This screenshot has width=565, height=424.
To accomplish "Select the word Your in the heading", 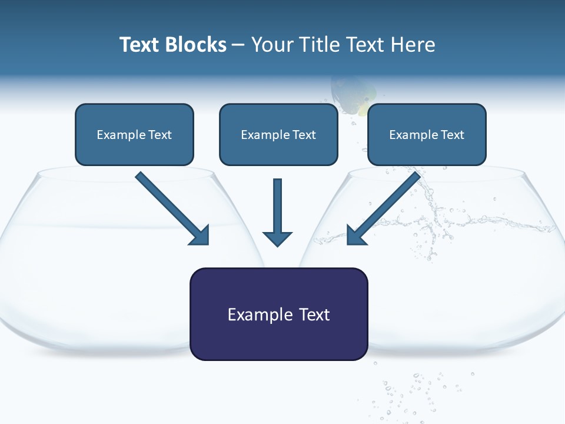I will [x=272, y=45].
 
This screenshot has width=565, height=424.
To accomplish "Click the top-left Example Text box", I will [x=134, y=134].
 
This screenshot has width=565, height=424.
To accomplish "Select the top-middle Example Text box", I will [x=278, y=134].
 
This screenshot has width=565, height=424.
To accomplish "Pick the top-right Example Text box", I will [x=427, y=134].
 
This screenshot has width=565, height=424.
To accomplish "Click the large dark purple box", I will [x=278, y=314].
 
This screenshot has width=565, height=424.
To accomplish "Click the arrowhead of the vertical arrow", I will [x=277, y=238].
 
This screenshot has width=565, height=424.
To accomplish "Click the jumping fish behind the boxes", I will [x=352, y=94].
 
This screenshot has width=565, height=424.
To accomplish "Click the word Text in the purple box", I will [x=314, y=314].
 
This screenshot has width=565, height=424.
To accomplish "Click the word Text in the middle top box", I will [x=304, y=135].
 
